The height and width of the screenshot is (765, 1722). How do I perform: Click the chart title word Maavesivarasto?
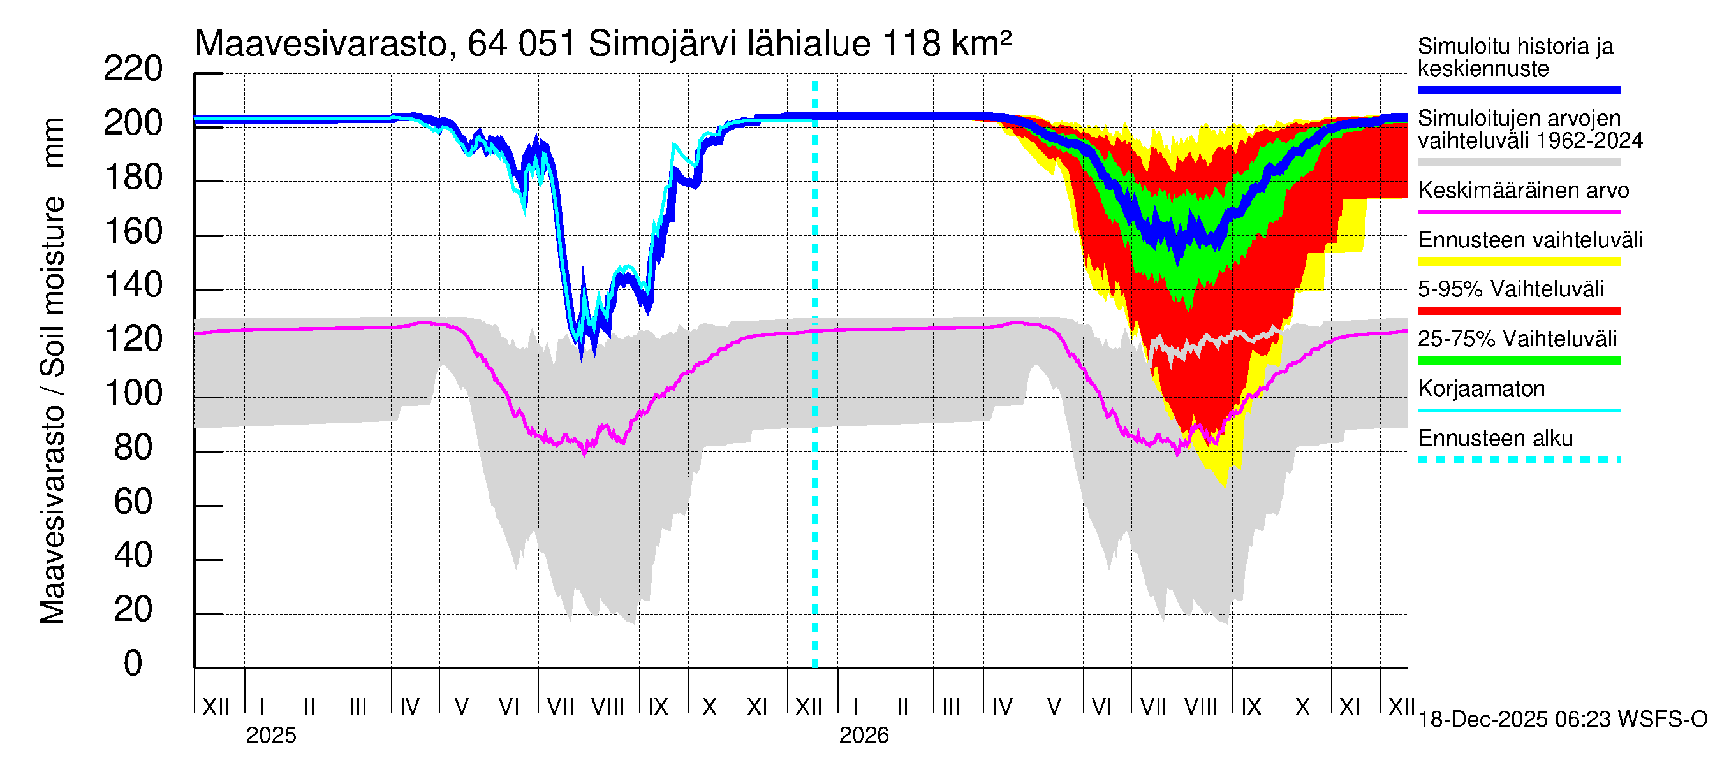click(320, 45)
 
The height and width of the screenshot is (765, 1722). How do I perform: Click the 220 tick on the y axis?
click(133, 69)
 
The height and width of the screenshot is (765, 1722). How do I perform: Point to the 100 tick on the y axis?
click(133, 393)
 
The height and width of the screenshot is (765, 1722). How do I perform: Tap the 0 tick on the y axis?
click(133, 664)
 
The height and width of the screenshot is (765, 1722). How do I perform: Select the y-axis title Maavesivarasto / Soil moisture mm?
click(52, 371)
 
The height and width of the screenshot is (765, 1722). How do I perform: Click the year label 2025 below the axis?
click(270, 736)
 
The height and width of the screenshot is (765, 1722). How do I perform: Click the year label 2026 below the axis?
click(864, 736)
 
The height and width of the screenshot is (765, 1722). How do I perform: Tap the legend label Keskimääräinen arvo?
click(1523, 191)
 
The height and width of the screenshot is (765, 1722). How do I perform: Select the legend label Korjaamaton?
click(1481, 388)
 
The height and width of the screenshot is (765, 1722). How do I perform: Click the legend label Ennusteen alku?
click(1495, 439)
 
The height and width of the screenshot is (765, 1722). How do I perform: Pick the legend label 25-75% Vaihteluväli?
click(1517, 339)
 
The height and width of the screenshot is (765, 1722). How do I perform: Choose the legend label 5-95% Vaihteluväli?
click(1510, 289)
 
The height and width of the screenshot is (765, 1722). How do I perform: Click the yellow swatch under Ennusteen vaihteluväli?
click(1518, 261)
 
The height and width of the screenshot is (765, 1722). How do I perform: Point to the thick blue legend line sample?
click(1518, 90)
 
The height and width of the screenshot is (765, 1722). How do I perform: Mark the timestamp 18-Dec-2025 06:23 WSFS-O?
click(1562, 720)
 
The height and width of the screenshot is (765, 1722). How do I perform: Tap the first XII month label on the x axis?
click(216, 707)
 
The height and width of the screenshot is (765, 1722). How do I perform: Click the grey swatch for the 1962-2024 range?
click(1518, 163)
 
